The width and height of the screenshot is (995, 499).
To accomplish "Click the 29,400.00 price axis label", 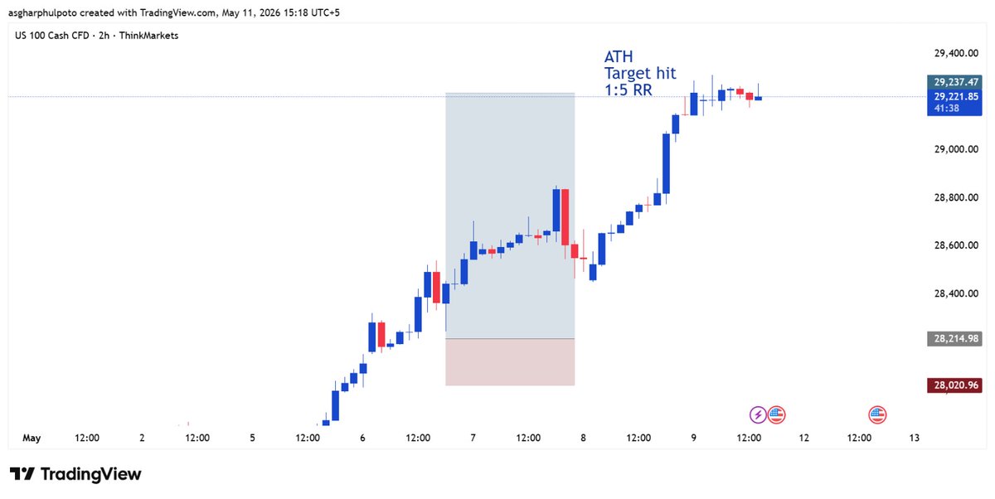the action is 956,53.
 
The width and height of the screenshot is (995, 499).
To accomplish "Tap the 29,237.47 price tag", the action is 954,82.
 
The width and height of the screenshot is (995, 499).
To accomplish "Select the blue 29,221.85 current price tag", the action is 954,96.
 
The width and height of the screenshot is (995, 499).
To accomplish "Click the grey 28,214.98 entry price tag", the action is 954,339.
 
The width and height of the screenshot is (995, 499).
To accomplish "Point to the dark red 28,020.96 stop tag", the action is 954,385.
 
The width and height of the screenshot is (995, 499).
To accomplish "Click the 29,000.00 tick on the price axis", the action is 956,149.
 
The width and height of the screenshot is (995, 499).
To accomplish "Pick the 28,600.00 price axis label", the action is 956,245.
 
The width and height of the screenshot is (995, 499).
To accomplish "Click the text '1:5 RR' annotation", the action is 629,90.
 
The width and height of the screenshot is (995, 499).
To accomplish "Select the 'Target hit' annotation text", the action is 640,73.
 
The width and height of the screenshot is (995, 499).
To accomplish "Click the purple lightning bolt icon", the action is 758,415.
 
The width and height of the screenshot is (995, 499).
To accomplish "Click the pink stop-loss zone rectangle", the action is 510,362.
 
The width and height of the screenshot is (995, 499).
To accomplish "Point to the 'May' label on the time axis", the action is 32,438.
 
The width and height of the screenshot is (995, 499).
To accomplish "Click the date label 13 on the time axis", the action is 914,438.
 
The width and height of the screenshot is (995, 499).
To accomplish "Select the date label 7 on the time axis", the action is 473,438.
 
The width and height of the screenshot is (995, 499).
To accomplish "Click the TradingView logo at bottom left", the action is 75,474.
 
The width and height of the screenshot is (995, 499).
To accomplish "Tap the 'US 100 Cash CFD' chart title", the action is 52,36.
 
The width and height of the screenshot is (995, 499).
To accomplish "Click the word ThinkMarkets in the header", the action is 148,36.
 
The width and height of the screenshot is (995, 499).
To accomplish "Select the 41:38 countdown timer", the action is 946,109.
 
